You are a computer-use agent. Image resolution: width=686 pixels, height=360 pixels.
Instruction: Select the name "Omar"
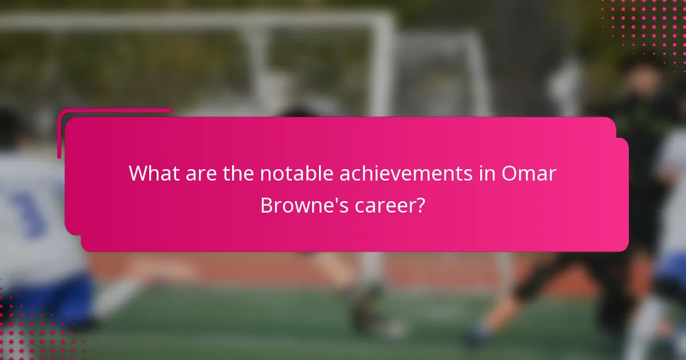[529, 173]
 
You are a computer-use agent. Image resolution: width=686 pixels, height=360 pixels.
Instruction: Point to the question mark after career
[421, 205]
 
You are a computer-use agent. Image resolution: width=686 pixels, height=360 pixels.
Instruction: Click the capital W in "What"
[138, 173]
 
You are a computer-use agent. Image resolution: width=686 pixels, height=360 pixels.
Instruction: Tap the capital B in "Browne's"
[267, 205]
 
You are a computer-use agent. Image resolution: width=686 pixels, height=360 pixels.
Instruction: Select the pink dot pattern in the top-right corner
[646, 29]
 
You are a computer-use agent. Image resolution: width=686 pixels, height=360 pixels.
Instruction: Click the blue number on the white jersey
[29, 211]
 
